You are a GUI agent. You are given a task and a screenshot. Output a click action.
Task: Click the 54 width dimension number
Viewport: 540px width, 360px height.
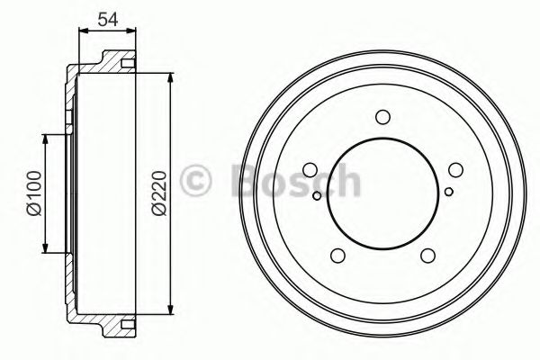pos(108,18)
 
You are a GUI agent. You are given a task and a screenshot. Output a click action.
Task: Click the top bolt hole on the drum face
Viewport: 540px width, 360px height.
pos(382,116)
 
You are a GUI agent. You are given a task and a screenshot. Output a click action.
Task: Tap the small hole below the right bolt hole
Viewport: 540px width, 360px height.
pos(448,191)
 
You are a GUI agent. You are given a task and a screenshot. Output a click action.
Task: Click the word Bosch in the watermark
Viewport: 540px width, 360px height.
pos(292,180)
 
